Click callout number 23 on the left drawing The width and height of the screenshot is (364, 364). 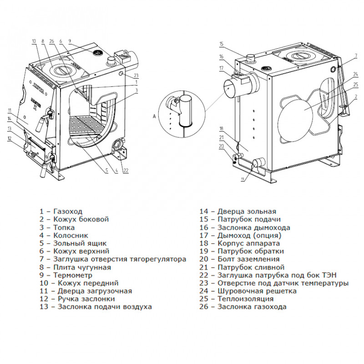point(136,76)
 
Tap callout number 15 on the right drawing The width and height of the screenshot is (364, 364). point(222,44)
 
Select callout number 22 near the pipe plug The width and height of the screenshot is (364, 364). point(126,171)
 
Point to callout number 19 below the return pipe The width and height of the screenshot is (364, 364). point(243,179)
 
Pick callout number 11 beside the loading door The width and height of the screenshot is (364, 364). point(9,111)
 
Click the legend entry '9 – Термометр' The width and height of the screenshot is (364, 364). point(66,275)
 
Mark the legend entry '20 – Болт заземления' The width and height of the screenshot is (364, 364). point(240,259)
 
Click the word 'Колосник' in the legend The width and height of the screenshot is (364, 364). point(69,235)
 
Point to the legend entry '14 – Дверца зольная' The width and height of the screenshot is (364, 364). point(238,212)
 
